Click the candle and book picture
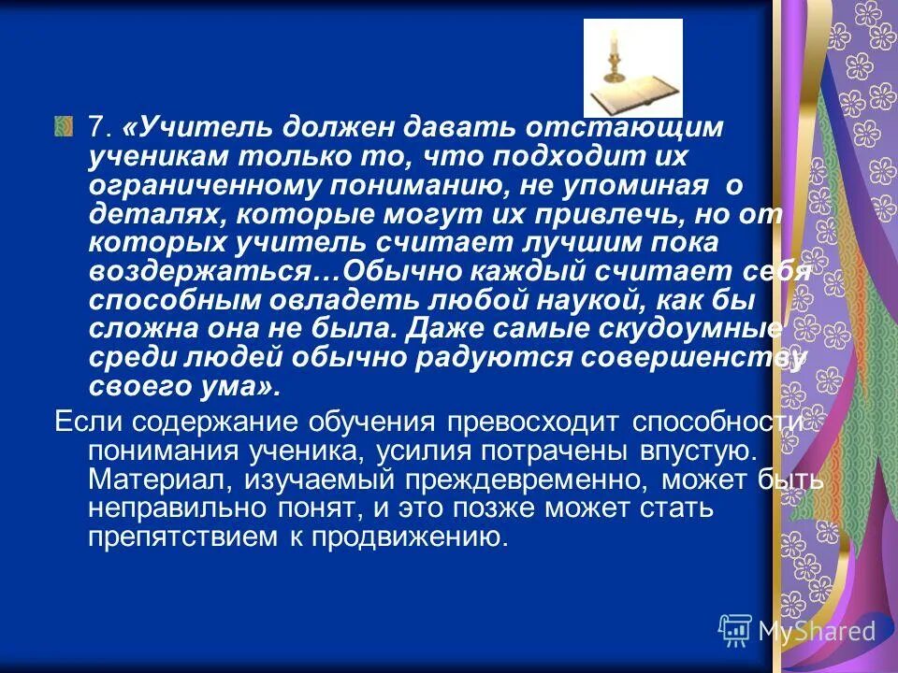[633, 68]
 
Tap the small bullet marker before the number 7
[63, 125]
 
